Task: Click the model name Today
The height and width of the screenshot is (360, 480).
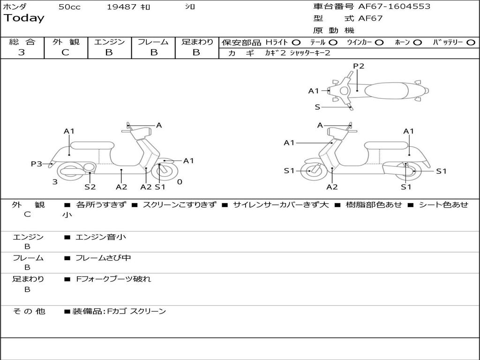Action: [24, 18]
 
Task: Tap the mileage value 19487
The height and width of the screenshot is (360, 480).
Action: [121, 7]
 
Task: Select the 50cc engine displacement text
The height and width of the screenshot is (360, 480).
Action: [69, 7]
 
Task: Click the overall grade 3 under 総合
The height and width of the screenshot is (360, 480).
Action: [22, 52]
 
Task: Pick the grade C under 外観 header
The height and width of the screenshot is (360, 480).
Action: [66, 52]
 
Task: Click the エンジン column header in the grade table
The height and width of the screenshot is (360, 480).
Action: [109, 42]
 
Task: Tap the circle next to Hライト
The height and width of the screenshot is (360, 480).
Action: [296, 42]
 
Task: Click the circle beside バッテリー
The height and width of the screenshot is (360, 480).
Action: [471, 42]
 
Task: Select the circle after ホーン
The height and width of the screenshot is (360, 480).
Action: [417, 42]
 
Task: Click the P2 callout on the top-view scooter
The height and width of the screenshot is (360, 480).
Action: [359, 66]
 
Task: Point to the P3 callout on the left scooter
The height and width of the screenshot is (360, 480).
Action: [37, 164]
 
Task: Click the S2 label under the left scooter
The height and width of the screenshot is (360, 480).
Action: [90, 187]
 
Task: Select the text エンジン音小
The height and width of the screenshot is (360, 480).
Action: [101, 237]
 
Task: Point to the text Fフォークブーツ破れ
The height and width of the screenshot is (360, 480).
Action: [113, 279]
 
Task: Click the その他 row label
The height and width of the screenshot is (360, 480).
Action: [29, 311]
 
